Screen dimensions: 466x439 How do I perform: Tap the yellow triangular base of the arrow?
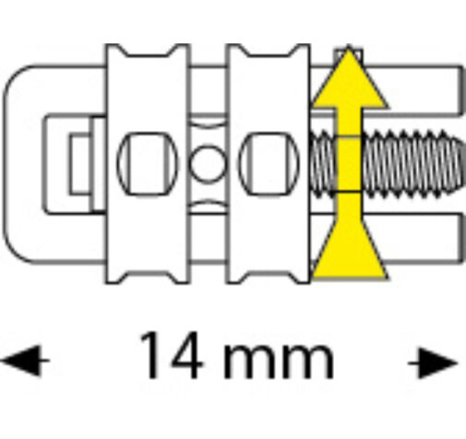[x=349, y=251]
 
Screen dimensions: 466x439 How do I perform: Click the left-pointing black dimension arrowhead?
[x=25, y=361]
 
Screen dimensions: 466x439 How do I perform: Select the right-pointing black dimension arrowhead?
[x=433, y=362]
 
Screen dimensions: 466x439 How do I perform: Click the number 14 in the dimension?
[x=171, y=355]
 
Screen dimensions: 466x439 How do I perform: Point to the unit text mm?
[x=279, y=362]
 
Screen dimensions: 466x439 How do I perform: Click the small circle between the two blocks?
[x=207, y=163]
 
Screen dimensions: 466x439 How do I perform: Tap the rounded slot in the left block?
[x=148, y=164]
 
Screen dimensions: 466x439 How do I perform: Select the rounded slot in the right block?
[x=269, y=164]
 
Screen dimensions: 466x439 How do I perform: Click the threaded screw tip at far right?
[x=459, y=163]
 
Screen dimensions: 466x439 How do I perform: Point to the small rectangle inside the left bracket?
[x=79, y=164]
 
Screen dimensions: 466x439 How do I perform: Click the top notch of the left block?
[x=147, y=52]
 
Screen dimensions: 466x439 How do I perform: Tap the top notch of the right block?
[x=269, y=52]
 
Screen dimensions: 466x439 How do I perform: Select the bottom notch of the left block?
[x=147, y=277]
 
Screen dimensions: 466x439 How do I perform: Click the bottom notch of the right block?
[x=269, y=277]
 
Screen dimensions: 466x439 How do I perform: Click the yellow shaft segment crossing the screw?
[x=349, y=164]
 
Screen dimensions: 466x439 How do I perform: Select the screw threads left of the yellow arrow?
[x=324, y=164]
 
